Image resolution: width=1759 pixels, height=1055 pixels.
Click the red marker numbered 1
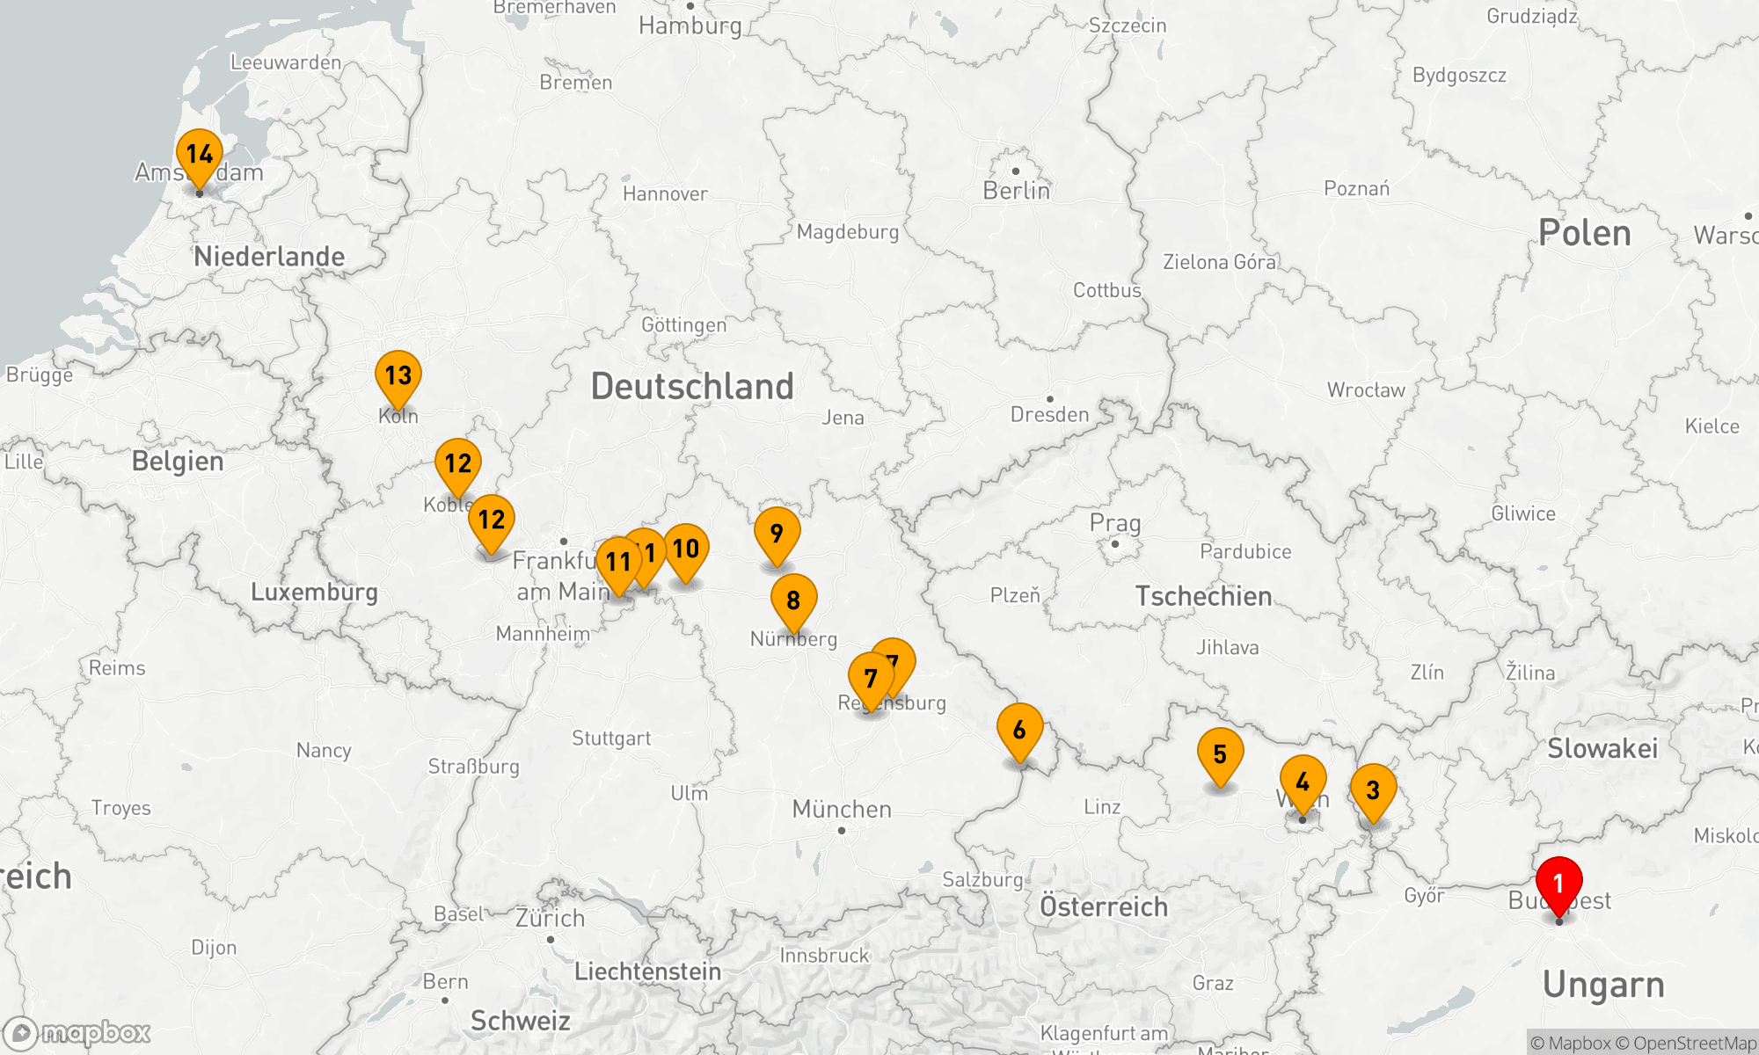coord(1558,883)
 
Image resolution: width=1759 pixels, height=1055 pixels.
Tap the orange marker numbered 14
coord(200,154)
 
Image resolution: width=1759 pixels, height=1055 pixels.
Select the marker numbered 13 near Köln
coord(398,375)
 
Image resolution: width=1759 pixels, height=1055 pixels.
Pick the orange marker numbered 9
coord(777,533)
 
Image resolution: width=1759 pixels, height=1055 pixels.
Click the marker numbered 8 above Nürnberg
coord(793,600)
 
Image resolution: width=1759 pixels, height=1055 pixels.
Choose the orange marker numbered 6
coord(1019,729)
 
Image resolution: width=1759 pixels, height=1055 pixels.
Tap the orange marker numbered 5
coord(1220,753)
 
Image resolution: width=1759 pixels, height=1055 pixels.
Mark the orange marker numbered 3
coord(1372,789)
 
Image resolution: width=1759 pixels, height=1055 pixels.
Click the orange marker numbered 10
coord(686,549)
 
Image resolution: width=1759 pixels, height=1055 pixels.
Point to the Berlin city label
coord(1016,191)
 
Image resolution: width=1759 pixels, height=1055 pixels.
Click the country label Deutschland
coord(692,387)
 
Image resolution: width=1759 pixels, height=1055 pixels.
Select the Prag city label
coord(1115,523)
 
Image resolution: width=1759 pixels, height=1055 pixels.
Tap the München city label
coord(842,809)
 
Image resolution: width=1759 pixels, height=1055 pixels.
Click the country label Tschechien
coord(1203,596)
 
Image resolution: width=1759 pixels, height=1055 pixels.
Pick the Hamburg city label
coord(690,25)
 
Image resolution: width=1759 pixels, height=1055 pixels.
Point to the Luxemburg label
coord(314,592)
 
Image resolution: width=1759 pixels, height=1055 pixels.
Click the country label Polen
coord(1584,233)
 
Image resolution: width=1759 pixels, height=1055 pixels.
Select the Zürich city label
coord(550,918)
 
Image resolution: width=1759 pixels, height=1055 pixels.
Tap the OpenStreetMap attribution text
coord(1694,1044)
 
